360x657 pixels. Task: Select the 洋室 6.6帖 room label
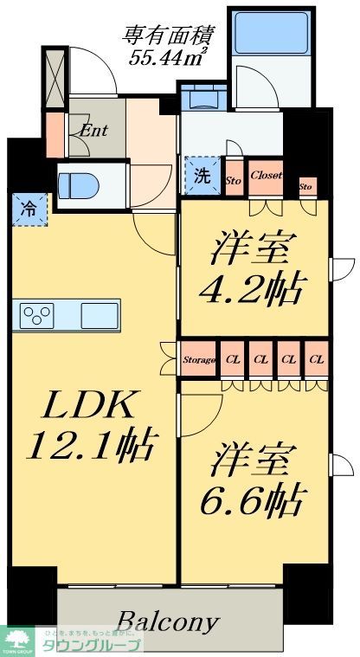tap(255, 480)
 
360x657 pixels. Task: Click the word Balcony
tap(168, 622)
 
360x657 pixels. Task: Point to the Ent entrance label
tap(93, 131)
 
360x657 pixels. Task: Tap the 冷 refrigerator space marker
tap(29, 208)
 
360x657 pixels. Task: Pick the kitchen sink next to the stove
tap(99, 315)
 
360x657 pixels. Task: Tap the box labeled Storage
tap(199, 358)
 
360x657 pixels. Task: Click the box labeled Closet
tap(266, 175)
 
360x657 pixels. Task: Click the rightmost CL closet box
tap(317, 358)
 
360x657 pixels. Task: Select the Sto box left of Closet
tap(233, 179)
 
